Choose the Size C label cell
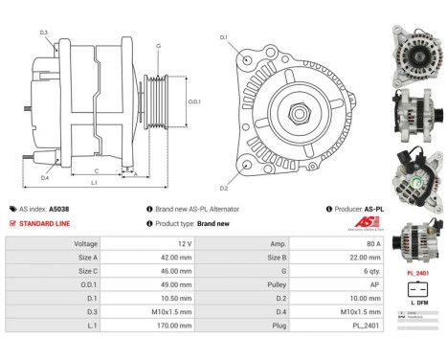point(86,272)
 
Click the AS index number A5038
point(86,208)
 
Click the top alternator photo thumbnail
point(418,48)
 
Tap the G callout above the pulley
point(158,46)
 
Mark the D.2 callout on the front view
point(223,189)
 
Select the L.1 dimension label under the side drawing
point(93,182)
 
